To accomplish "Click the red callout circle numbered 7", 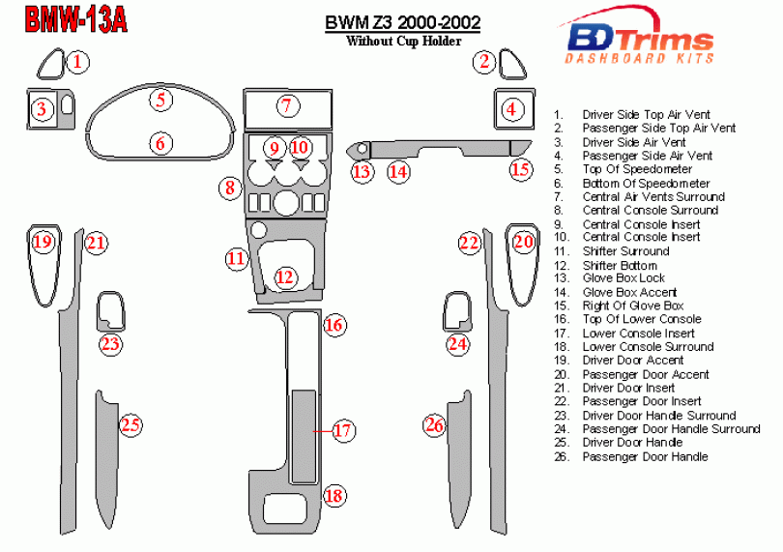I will (285, 105).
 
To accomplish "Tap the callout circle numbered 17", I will (342, 431).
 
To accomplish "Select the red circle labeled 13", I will (362, 172).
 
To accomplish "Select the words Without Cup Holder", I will (403, 41).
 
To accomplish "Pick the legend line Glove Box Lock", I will (623, 278).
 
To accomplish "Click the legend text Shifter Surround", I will (625, 251).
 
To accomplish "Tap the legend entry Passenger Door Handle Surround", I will (671, 428).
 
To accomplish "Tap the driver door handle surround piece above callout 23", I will (111, 311).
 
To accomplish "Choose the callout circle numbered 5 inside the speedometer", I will (161, 99).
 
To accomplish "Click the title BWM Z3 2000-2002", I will (401, 22).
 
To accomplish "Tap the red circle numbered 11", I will (237, 258).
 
